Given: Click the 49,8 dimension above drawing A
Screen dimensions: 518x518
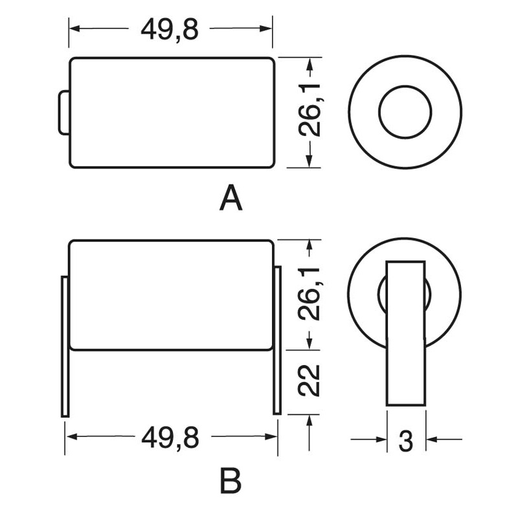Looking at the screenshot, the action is point(170,29).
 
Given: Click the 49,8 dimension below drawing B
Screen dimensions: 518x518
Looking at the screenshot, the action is point(170,437).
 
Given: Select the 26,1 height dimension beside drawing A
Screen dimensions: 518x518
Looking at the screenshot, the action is point(310,110).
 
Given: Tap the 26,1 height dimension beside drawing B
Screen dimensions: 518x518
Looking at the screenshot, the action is point(310,294).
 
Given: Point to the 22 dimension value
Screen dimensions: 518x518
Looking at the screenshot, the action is point(310,380).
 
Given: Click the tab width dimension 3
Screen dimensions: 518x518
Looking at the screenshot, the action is point(406,441).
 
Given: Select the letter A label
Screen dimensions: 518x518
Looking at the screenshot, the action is point(231,197).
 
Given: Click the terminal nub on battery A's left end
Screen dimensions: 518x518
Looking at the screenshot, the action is point(64,113).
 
